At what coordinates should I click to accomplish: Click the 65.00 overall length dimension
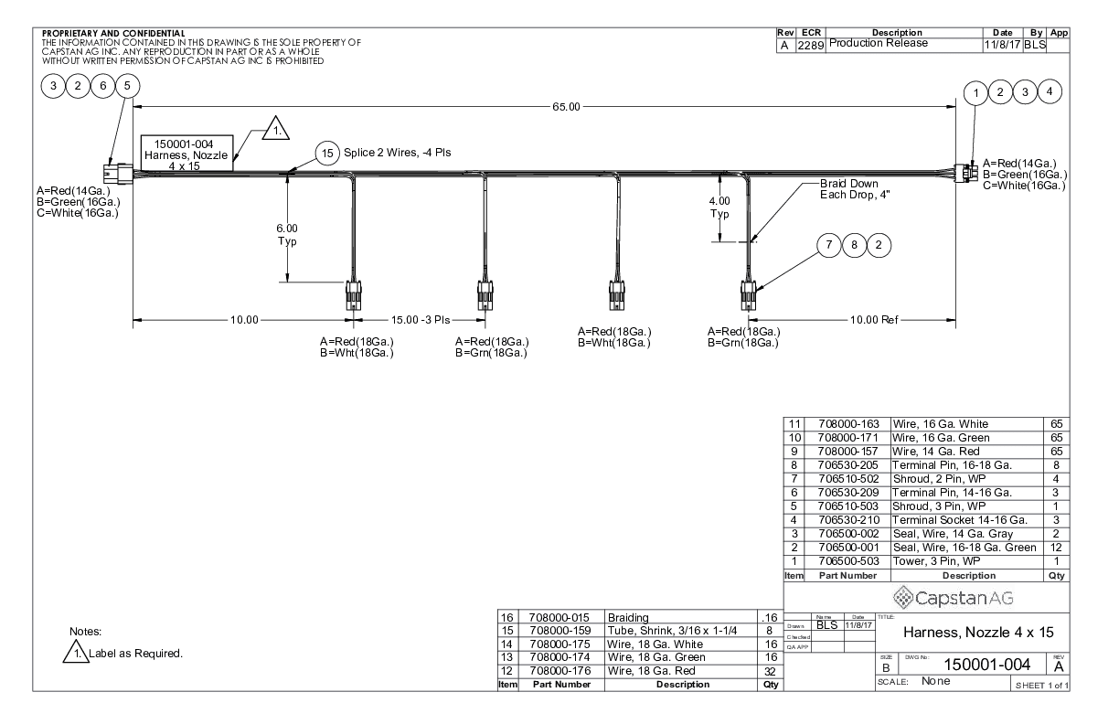(x=566, y=107)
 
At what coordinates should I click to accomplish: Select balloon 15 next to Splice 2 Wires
(x=326, y=153)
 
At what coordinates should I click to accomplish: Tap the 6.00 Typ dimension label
(x=288, y=235)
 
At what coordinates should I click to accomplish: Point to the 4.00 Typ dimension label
(x=719, y=208)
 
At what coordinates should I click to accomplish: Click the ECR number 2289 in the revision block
(x=810, y=43)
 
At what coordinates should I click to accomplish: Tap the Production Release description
(x=878, y=43)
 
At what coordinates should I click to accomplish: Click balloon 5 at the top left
(x=128, y=86)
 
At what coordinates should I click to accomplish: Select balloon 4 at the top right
(x=1051, y=91)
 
